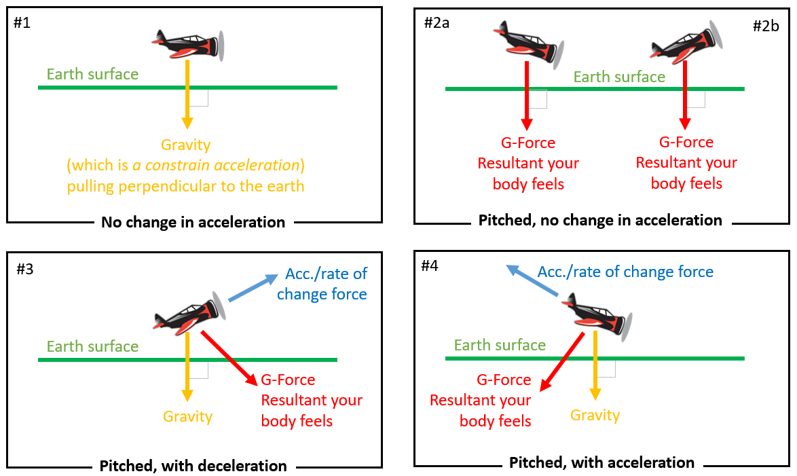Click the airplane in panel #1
(x=190, y=44)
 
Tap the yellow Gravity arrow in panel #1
(x=187, y=95)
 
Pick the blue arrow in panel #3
(x=253, y=288)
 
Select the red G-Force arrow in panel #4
(x=562, y=361)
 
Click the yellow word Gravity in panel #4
(x=595, y=416)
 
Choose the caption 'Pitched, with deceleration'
(x=193, y=466)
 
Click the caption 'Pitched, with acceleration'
(x=601, y=463)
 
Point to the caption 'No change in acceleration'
(x=193, y=222)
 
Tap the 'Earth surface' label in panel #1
(x=92, y=74)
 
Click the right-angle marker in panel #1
(x=199, y=98)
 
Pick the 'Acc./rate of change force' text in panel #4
(x=625, y=272)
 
